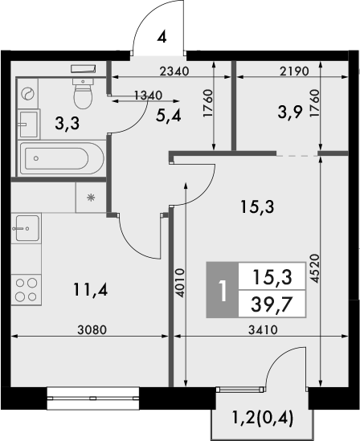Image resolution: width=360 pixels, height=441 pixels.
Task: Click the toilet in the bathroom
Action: pos(84,95)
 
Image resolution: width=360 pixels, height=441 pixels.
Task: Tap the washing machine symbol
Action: pos(27,93)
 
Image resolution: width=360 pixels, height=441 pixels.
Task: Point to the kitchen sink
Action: pos(26,228)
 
